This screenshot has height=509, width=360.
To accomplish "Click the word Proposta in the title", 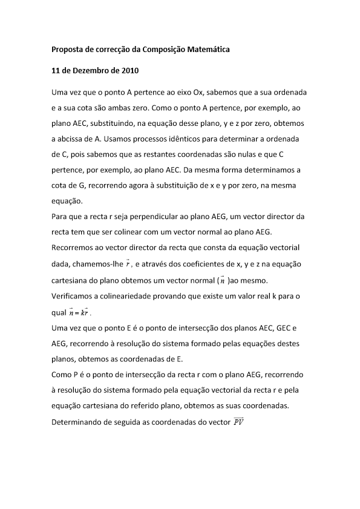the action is [x=67, y=49].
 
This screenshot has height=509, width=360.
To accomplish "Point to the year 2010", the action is [x=128, y=70].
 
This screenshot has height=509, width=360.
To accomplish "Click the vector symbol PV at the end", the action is [x=238, y=422].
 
